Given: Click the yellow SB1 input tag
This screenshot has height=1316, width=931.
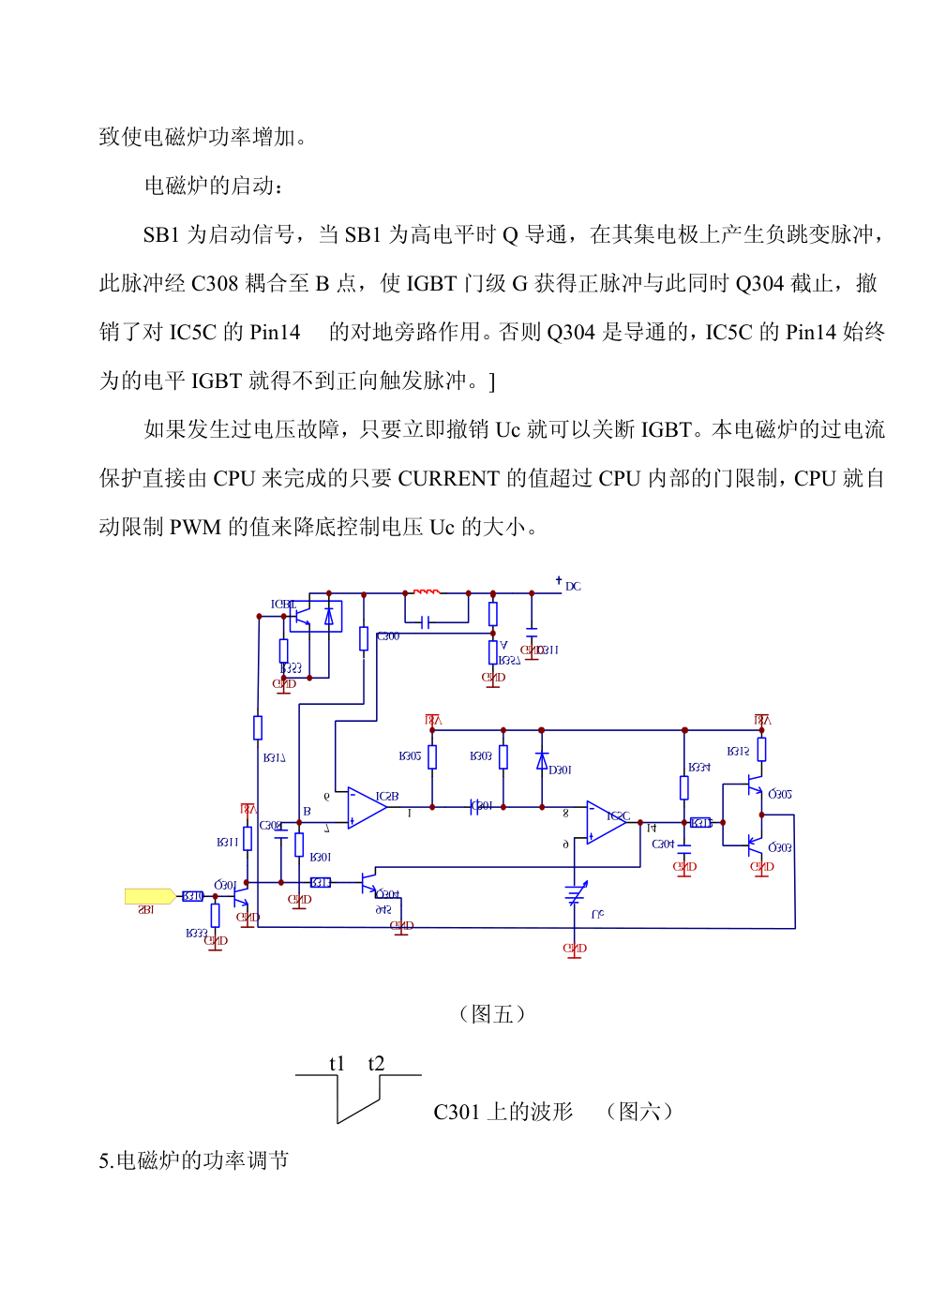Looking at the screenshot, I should click(149, 896).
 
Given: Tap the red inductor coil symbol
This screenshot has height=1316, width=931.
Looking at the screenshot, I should click(427, 591).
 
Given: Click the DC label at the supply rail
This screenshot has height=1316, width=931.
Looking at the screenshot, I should click(573, 587).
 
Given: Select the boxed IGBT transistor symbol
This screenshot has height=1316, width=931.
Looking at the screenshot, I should click(315, 617).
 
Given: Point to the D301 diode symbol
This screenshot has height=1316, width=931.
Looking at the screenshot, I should click(542, 761).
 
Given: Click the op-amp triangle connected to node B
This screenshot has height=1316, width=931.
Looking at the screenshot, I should click(367, 807).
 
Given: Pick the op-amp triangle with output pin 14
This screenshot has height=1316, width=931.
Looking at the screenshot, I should click(606, 822).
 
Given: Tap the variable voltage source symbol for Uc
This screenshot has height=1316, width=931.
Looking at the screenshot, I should click(576, 895).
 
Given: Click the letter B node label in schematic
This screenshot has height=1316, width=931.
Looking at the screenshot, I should click(307, 812).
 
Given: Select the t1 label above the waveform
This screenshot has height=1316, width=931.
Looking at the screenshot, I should click(338, 1063).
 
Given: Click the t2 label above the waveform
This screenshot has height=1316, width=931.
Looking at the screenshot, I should click(376, 1063).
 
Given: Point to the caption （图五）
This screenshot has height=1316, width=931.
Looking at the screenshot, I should click(492, 1014).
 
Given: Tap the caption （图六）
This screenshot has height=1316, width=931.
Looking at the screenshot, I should click(639, 1112).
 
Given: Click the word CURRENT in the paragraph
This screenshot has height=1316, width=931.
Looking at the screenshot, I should click(448, 479).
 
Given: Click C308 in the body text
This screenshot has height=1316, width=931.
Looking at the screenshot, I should click(216, 284).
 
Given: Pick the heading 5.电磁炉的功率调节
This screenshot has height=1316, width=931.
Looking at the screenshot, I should click(194, 1160).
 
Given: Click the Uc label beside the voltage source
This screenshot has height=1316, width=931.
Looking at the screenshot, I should click(597, 914).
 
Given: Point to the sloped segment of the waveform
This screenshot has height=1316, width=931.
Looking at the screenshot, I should click(359, 1111).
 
